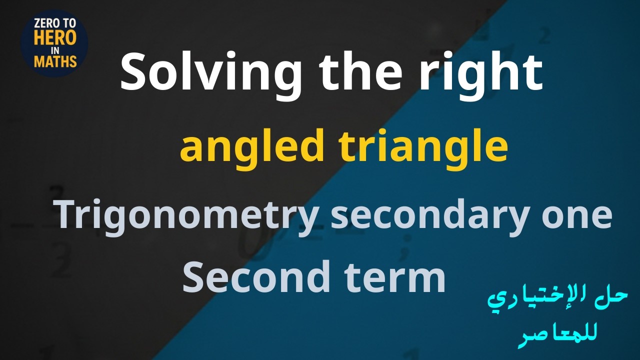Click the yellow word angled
(x=252, y=148)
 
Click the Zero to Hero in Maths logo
(x=55, y=43)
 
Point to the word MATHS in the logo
(x=55, y=61)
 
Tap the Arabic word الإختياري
(x=543, y=300)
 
